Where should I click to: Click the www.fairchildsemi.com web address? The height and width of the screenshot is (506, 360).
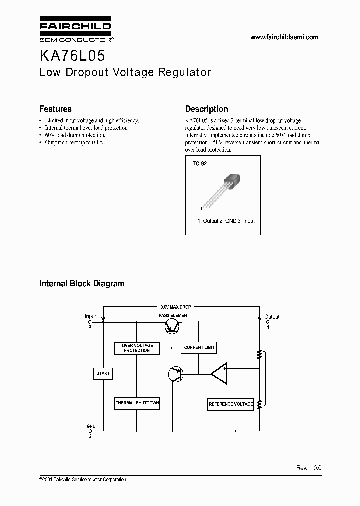tap(284, 37)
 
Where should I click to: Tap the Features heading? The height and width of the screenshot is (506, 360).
tap(55, 109)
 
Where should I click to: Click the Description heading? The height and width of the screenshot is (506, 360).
tap(206, 109)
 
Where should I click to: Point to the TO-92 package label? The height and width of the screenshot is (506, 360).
tap(199, 163)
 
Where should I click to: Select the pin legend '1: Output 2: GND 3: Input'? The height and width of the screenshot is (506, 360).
tap(226, 221)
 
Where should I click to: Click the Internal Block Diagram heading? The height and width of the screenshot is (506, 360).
tap(82, 284)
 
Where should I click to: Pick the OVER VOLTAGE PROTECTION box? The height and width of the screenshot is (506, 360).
tap(137, 348)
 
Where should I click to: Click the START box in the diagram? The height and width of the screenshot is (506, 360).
tap(103, 373)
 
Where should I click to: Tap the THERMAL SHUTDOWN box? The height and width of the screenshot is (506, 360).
tap(137, 403)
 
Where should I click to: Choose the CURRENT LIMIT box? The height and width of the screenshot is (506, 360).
tap(200, 347)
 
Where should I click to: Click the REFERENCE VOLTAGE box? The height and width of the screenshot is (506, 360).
tap(230, 404)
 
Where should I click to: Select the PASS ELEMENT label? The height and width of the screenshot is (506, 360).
tap(174, 315)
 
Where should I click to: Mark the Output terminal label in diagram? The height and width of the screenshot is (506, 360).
tap(272, 317)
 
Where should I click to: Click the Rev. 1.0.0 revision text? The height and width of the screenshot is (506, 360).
tap(309, 468)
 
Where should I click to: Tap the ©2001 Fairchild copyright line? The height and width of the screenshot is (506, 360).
tap(82, 480)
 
